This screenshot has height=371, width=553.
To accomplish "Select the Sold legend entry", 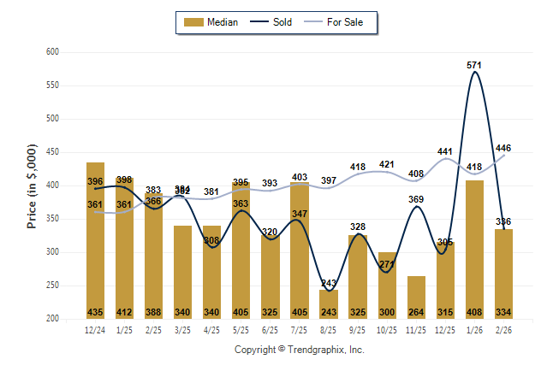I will tap(273, 22).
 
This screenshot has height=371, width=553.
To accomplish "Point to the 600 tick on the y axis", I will tap(51, 52).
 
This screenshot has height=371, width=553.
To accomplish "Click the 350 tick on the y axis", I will tap(51, 219).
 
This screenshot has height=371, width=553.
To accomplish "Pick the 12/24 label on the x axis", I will tap(95, 329).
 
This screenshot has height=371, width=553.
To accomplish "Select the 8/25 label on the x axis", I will tap(328, 329).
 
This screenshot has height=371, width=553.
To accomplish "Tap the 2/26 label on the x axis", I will tap(503, 329).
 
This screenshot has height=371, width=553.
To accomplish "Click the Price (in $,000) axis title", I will tap(32, 185).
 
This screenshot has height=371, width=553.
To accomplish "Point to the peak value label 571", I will tap(473, 64).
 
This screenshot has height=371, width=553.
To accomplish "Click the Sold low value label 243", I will tap(329, 284).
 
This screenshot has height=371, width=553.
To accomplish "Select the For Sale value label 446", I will tap(503, 148).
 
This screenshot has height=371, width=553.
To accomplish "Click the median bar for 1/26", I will tap(474, 248).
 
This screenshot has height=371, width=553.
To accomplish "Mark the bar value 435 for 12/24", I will tap(95, 312).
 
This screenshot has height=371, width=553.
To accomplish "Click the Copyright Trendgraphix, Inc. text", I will tap(299, 350).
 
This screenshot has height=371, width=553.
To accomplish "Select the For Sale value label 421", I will tap(387, 164).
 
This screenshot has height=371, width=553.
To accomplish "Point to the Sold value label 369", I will tap(416, 199).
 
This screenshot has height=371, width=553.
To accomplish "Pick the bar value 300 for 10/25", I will tap(387, 312).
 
